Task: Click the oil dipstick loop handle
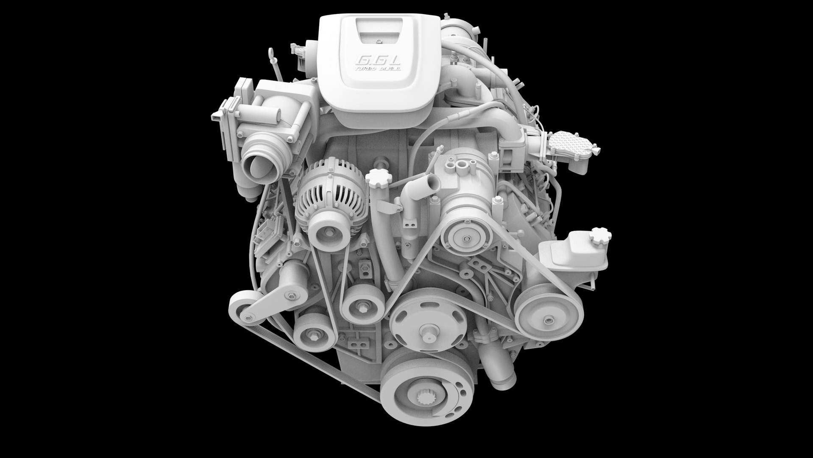click(269, 53)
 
